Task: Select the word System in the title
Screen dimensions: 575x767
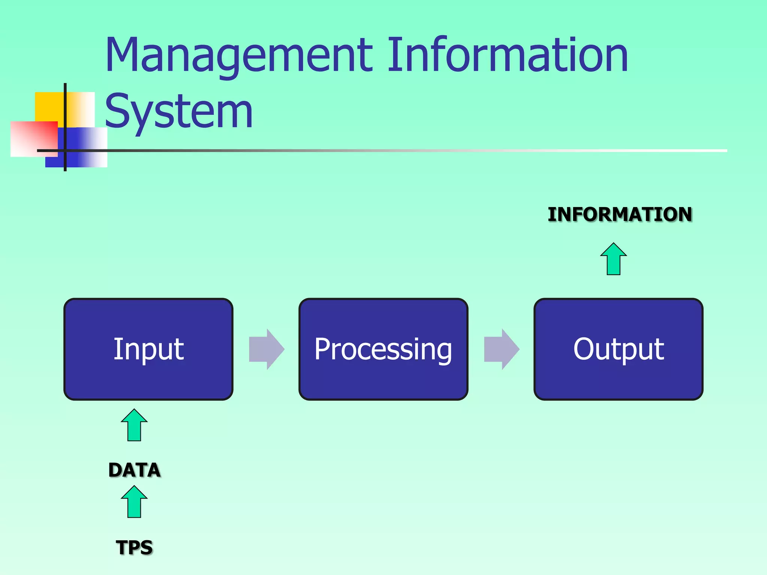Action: (x=179, y=112)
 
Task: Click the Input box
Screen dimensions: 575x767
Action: (x=148, y=349)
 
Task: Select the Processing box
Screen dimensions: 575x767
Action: (x=383, y=349)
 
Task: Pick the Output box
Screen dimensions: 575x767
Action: (x=618, y=349)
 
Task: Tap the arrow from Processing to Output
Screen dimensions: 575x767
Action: (x=501, y=349)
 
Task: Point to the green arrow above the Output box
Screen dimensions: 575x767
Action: (x=613, y=259)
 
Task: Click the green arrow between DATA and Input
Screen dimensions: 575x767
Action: (x=134, y=425)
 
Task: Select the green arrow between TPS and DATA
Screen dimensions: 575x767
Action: (x=134, y=502)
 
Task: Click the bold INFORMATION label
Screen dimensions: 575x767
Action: (x=620, y=215)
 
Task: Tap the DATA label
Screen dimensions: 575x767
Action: (x=134, y=470)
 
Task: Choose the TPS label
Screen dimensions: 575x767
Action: (x=134, y=547)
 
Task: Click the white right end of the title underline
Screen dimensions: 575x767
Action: (x=712, y=150)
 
